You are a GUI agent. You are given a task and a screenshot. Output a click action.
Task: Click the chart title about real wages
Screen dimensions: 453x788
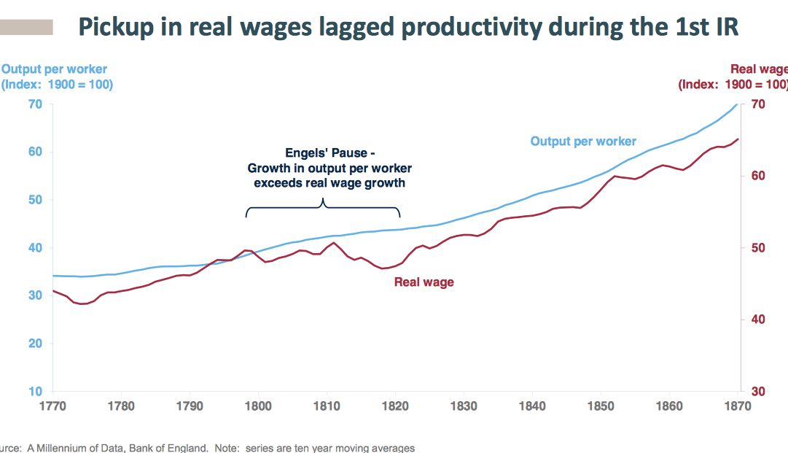[x=408, y=27]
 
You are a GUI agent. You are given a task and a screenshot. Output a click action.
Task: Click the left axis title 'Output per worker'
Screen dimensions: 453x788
[x=55, y=70]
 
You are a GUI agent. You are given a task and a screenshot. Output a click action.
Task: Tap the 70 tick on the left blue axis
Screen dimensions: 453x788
[x=36, y=104]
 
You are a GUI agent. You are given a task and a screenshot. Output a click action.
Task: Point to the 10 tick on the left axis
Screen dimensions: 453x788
[x=36, y=392]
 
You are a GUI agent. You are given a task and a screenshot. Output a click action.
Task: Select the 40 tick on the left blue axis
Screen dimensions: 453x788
[x=36, y=248]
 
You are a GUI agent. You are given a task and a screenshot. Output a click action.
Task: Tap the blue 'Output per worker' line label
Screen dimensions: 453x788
[x=583, y=142]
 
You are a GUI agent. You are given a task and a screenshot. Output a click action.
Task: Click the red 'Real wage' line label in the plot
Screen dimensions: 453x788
[x=424, y=282]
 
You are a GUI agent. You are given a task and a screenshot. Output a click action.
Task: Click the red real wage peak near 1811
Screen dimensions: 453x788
[x=334, y=243]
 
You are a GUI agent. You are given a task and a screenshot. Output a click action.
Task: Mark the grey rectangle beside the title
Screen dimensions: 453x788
[x=26, y=28]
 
